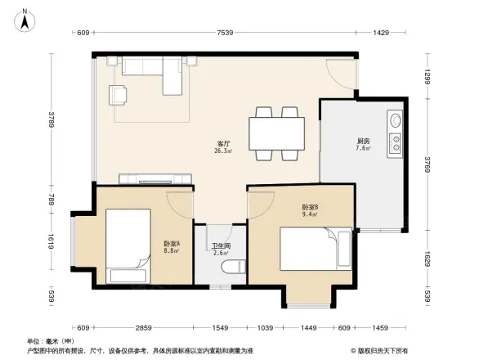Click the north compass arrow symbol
point(25,19)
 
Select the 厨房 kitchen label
point(362,142)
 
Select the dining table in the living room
point(276,133)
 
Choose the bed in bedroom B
point(315,247)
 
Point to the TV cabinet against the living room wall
point(155,179)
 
